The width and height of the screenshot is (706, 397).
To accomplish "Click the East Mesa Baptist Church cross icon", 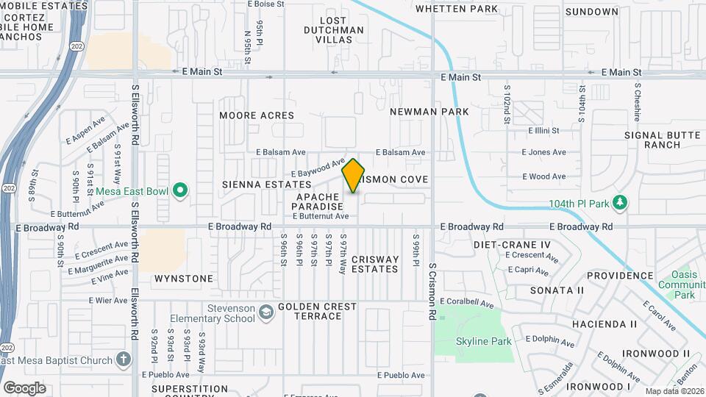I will pyautogui.click(x=123, y=360).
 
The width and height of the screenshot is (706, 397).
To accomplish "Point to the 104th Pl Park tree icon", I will pyautogui.click(x=619, y=202).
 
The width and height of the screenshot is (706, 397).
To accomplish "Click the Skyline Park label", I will pyautogui.click(x=483, y=341).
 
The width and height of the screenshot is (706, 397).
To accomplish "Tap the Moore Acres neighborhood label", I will pyautogui.click(x=257, y=115).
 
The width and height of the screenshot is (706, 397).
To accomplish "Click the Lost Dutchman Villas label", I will pyautogui.click(x=334, y=30).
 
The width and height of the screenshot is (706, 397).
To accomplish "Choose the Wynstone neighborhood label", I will pyautogui.click(x=184, y=279).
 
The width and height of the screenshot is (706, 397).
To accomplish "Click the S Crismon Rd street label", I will pyautogui.click(x=433, y=292).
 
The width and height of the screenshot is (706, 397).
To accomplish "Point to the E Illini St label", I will pyautogui.click(x=543, y=130).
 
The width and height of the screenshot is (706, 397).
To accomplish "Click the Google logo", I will pyautogui.click(x=24, y=387).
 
